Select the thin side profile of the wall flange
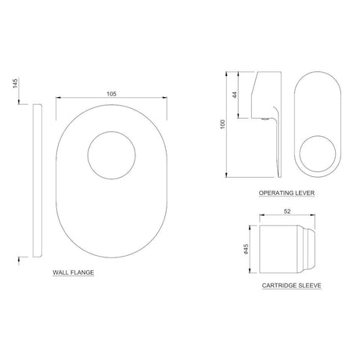tap(34, 180)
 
